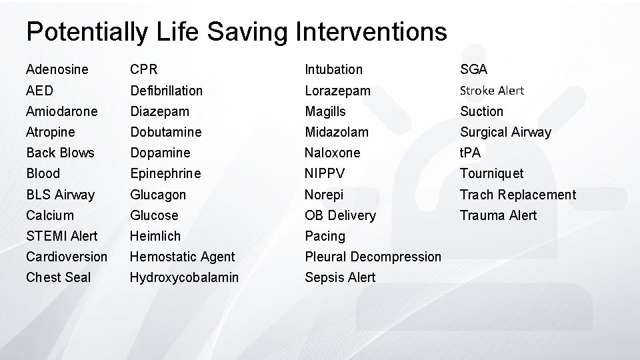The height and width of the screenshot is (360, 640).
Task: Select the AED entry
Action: click(39, 90)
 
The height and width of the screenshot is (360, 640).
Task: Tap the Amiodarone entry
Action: click(61, 111)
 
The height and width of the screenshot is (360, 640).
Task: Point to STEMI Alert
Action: click(61, 236)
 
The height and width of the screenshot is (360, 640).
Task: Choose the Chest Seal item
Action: click(58, 277)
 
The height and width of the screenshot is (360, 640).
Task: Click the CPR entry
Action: click(144, 69)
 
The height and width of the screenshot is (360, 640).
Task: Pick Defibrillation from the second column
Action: click(166, 90)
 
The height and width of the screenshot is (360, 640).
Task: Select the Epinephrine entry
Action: click(165, 173)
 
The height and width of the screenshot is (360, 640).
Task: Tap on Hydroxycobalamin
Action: click(184, 277)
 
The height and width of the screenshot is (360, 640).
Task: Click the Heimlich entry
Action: click(155, 236)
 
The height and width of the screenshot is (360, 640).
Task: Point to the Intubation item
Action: click(333, 69)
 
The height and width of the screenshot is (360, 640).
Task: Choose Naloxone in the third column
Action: click(332, 153)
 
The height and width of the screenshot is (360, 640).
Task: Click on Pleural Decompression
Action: click(373, 257)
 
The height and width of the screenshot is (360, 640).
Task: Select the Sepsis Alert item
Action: click(340, 277)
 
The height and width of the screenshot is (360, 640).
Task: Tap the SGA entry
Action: click(474, 69)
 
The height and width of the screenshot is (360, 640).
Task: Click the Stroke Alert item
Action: click(492, 90)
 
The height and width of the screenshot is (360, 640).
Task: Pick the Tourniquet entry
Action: click(492, 173)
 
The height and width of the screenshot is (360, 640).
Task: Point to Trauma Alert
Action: click(498, 215)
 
